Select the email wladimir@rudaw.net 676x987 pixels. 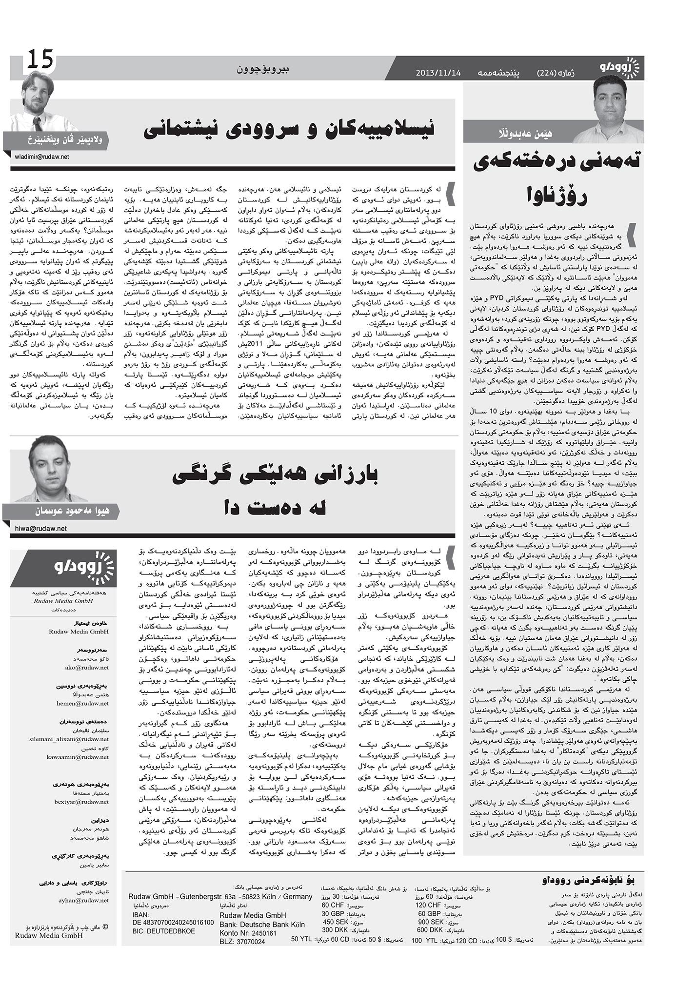tap(42, 157)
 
